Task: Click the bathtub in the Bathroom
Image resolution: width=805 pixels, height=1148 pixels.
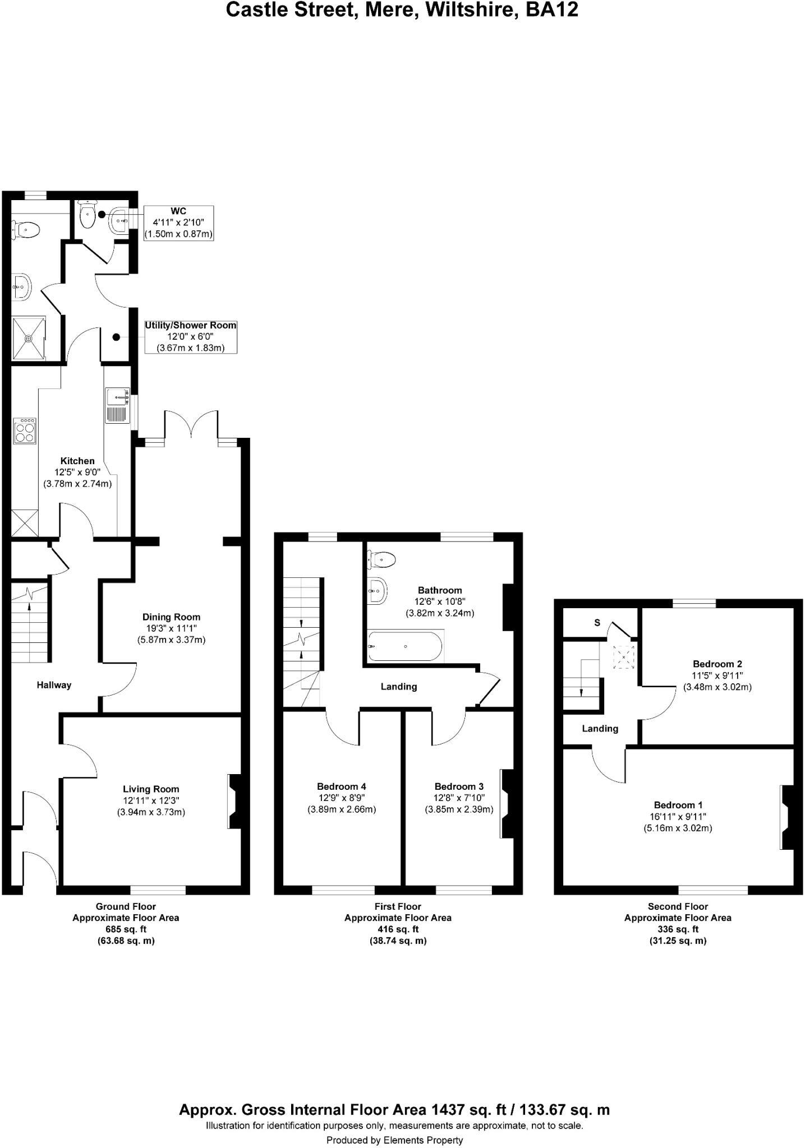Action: (405, 646)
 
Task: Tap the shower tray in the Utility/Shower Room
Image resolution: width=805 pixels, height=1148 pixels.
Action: (29, 338)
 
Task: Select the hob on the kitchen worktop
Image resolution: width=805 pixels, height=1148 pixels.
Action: (25, 430)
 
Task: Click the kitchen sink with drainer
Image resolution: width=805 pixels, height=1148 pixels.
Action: (117, 405)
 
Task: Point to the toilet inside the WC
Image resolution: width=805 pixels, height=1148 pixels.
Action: (88, 216)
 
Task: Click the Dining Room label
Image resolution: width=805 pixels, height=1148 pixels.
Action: (171, 617)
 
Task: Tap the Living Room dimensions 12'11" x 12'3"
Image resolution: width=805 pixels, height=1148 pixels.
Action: (151, 800)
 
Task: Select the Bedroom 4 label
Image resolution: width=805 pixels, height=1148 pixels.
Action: (341, 786)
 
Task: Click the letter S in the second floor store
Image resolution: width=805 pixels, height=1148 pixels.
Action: (597, 623)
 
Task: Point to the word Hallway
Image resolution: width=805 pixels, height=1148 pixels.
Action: (54, 685)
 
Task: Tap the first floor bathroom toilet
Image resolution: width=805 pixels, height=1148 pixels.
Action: (383, 559)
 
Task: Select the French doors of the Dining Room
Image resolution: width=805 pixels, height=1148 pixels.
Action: (191, 425)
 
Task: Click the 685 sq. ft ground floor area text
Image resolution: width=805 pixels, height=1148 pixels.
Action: (126, 929)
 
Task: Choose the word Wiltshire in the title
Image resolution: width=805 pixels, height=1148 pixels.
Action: (470, 10)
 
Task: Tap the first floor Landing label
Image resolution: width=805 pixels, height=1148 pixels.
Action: (399, 687)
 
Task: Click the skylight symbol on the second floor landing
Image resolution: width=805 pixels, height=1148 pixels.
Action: (624, 656)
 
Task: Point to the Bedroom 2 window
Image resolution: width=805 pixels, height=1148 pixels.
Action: (694, 603)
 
